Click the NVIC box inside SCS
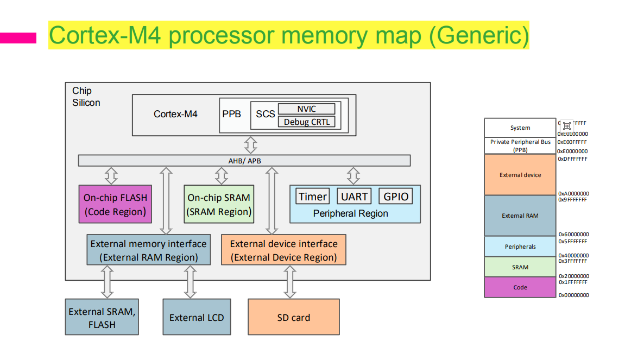(x=306, y=109)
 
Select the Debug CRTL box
(x=306, y=122)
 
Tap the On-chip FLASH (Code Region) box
(x=115, y=204)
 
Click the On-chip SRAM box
(x=219, y=204)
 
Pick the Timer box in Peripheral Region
(x=313, y=197)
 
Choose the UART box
(x=355, y=197)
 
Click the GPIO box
(x=396, y=197)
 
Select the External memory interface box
(x=148, y=250)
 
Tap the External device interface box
(x=283, y=250)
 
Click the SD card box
(x=293, y=317)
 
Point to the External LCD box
(x=197, y=317)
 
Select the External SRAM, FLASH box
(x=102, y=317)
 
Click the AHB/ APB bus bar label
(x=244, y=161)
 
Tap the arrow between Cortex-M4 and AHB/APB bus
(x=251, y=145)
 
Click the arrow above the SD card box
(x=290, y=282)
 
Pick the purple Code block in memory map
(x=520, y=287)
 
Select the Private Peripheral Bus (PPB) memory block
(x=520, y=146)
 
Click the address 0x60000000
(x=573, y=235)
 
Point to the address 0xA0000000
(x=573, y=193)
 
